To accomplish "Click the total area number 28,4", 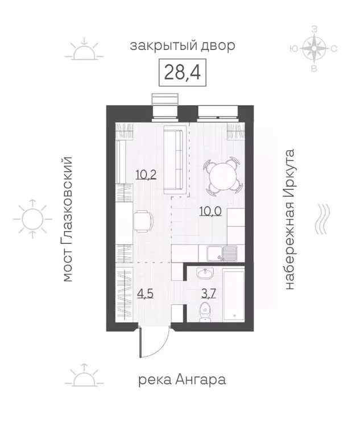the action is tap(182, 72).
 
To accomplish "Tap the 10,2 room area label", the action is tap(146, 175).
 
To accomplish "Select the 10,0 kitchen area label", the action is tap(210, 211).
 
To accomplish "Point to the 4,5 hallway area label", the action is tap(145, 293).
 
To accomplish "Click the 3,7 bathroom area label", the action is tap(209, 293).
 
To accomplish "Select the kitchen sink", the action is tap(221, 254).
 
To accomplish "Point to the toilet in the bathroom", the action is tap(205, 313).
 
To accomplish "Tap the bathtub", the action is tap(234, 295).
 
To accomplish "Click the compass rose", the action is tap(314, 49).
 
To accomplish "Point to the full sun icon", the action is tap(32, 219).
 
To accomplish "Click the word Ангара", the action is tap(200, 380).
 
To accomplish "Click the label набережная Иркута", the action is tap(289, 219).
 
